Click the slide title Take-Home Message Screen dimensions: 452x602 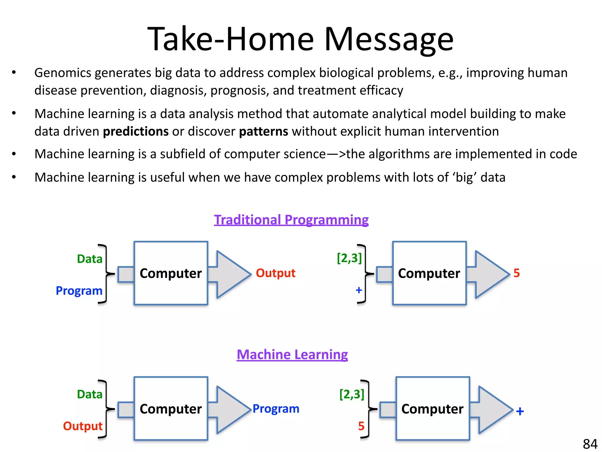(300, 39)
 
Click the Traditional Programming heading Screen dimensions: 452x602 (291, 220)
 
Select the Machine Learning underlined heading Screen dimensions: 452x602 (292, 355)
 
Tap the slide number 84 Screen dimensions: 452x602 (590, 444)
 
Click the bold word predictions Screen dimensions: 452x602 (136, 132)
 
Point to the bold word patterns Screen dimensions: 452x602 (263, 132)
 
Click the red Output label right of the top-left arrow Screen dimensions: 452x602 (275, 273)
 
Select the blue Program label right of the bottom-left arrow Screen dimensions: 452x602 (276, 409)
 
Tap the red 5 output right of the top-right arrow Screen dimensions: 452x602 (516, 273)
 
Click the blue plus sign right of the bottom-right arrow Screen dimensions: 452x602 (520, 411)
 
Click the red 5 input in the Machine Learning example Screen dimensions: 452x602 (361, 426)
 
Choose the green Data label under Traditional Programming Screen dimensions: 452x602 (90, 259)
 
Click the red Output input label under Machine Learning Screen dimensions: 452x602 (83, 426)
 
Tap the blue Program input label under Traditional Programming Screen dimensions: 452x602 (79, 291)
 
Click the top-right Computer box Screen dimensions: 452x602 (429, 273)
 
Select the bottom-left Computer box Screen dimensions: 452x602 (171, 409)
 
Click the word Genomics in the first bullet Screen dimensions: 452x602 (63, 73)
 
